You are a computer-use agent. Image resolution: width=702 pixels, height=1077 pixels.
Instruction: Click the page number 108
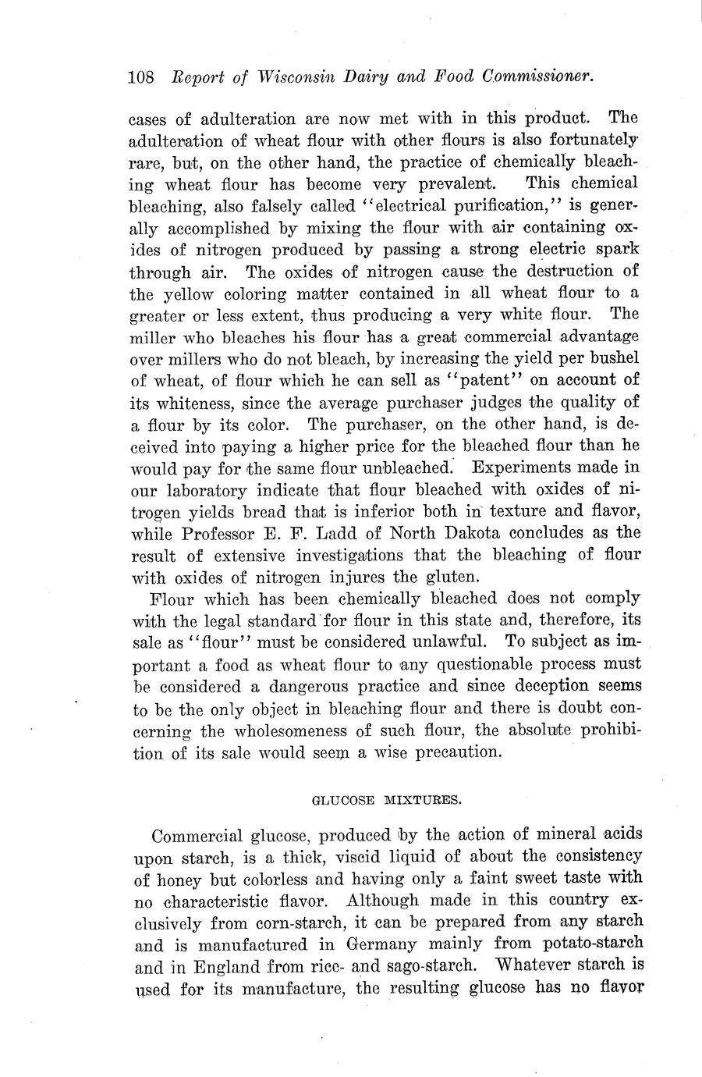tap(141, 77)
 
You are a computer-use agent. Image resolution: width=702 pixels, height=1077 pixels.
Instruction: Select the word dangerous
tap(310, 687)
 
